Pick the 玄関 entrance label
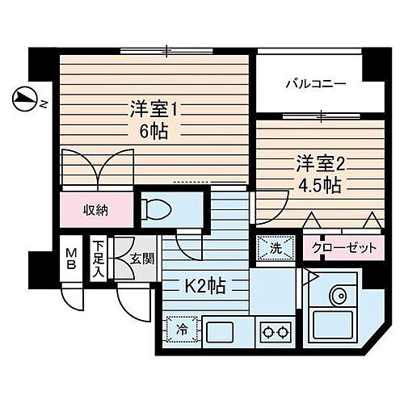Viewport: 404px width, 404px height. point(141,259)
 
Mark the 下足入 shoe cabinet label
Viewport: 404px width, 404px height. point(98,255)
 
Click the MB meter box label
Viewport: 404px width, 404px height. point(71,258)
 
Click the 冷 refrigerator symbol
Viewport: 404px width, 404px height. point(182,329)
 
